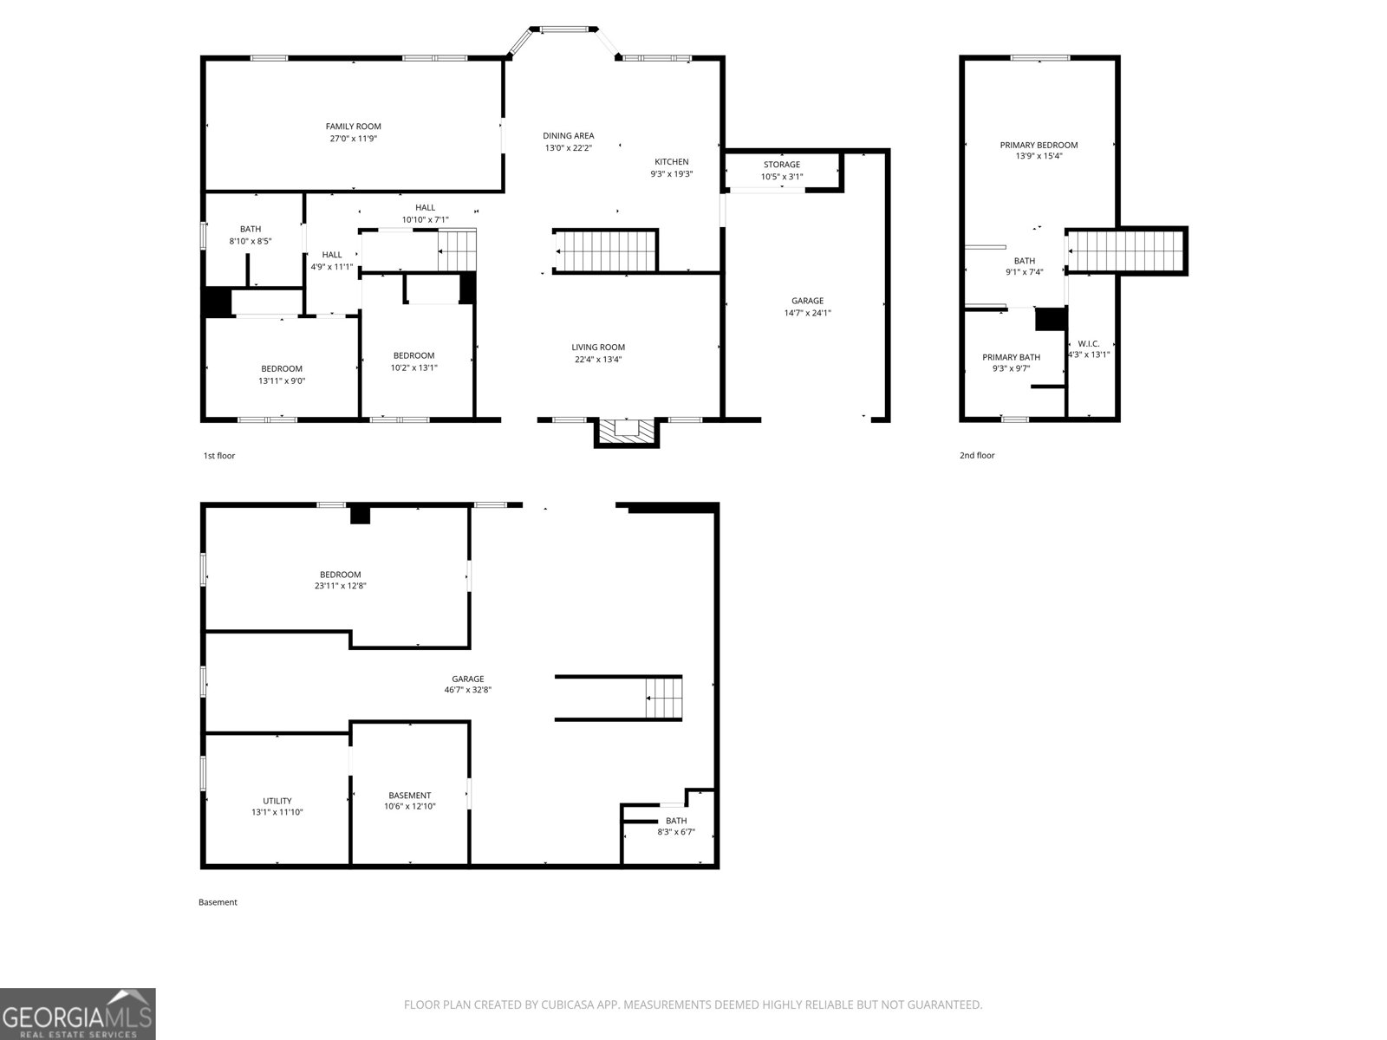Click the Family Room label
353,127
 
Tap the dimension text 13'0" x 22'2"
569,148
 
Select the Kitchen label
671,162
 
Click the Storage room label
781,165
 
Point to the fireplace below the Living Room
626,431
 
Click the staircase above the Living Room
607,251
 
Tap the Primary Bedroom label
1039,146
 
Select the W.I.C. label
1089,343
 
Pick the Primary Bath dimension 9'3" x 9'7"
1011,368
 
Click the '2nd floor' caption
977,455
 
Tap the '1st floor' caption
218,455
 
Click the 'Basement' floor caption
218,902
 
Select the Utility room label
277,801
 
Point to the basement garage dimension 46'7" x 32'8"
468,691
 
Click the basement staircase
664,698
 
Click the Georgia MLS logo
78,1014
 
